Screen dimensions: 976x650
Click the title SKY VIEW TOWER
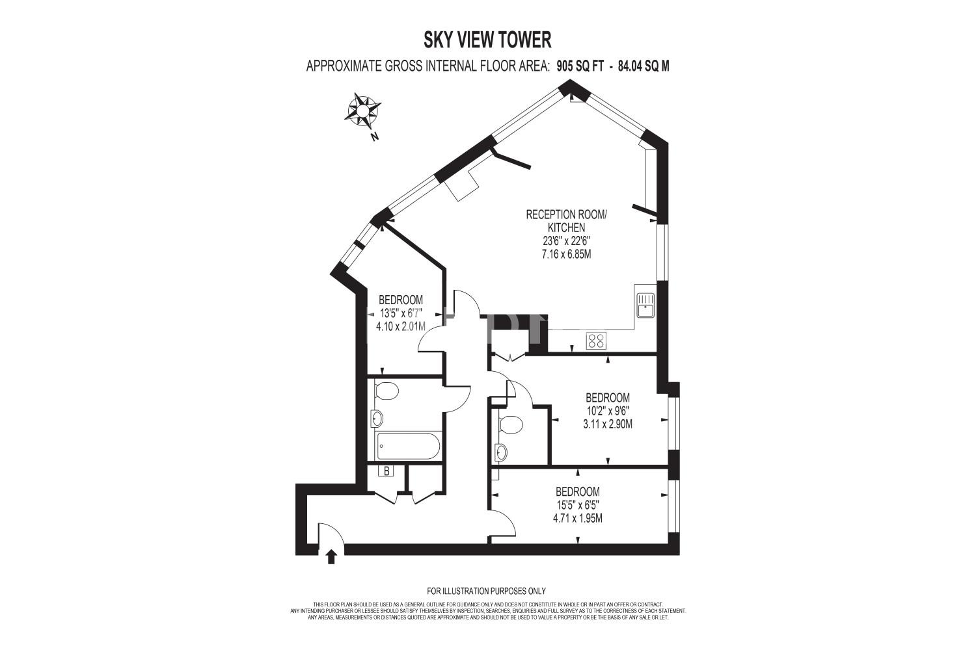pos(487,40)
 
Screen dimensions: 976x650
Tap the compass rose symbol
pos(362,111)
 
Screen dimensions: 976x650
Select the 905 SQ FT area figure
pos(580,66)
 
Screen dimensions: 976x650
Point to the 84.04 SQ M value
pos(644,66)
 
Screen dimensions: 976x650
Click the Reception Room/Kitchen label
pos(566,221)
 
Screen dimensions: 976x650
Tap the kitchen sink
pos(645,305)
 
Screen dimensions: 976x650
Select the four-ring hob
pos(597,341)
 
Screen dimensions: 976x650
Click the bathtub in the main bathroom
pos(408,445)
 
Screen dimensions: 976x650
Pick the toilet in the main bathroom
pos(386,391)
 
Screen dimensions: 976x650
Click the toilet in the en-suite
pos(510,424)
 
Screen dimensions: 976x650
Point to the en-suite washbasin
pos(501,452)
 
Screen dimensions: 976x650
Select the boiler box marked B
pos(386,471)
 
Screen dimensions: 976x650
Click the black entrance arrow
pos(331,557)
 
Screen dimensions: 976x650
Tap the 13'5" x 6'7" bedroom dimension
pos(401,313)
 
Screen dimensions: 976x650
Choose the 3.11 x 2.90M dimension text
pos(608,424)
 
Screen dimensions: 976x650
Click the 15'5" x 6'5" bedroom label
pos(578,505)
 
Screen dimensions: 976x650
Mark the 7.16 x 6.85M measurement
pos(567,254)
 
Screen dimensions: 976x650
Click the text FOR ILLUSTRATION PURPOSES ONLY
pos(486,591)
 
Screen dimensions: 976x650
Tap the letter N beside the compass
pos(374,136)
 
